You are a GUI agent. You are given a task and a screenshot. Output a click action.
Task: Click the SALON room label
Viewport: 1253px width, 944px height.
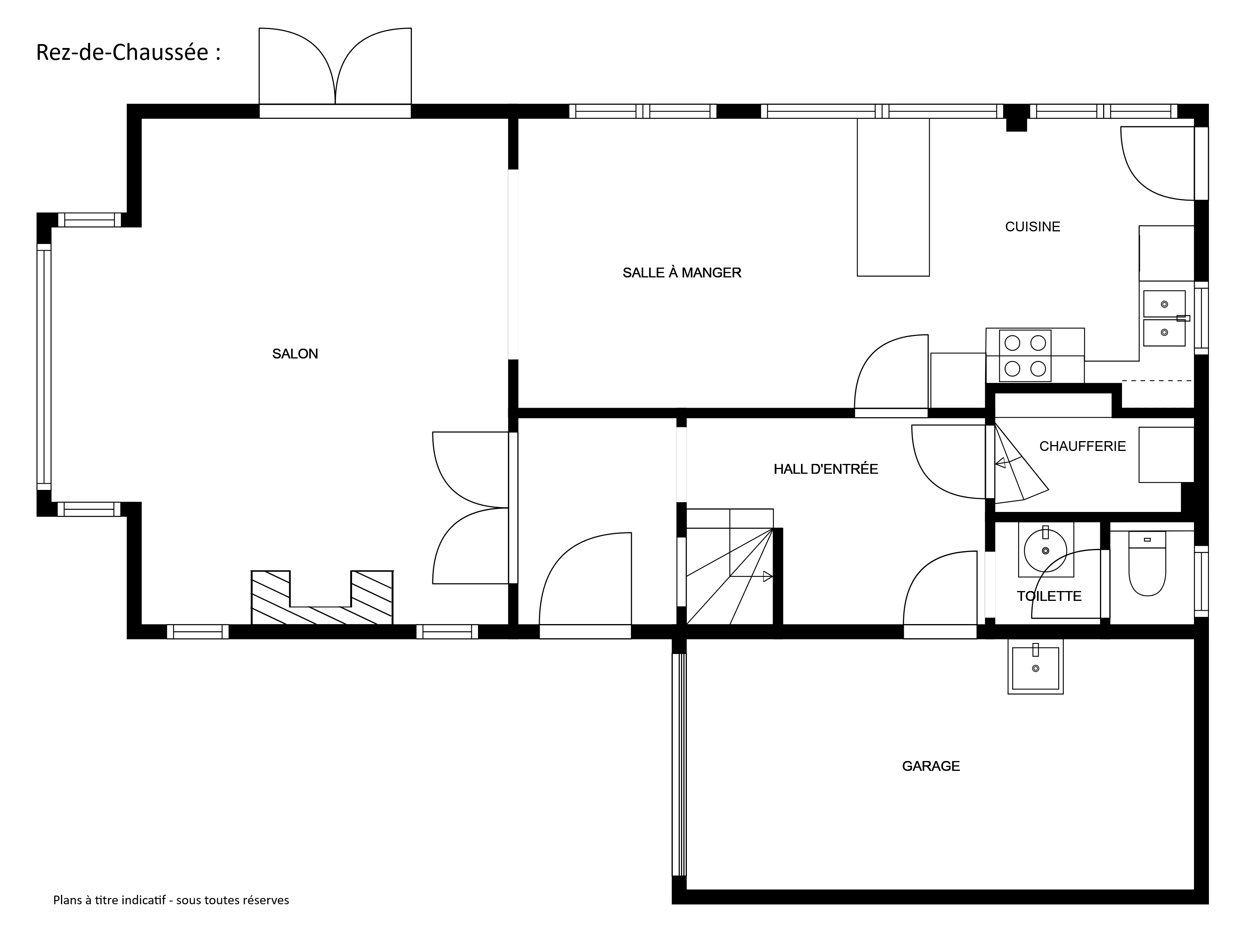pyautogui.click(x=295, y=354)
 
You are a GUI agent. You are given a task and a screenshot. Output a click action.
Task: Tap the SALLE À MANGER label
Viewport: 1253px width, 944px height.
pyautogui.click(x=682, y=273)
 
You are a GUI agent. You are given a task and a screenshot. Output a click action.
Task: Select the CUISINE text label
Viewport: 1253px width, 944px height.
pyautogui.click(x=1033, y=227)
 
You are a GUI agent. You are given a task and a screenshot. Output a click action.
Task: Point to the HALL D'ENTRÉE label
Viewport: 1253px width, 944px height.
pyautogui.click(x=826, y=469)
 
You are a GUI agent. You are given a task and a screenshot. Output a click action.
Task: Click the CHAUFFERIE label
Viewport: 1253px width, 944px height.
pyautogui.click(x=1083, y=447)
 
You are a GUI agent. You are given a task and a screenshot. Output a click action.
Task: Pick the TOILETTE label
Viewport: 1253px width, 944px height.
pyautogui.click(x=1049, y=596)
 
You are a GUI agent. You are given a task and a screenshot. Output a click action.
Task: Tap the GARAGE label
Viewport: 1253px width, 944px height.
pyautogui.click(x=931, y=766)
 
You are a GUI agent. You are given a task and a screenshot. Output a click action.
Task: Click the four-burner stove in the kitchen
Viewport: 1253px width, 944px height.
pyautogui.click(x=1025, y=356)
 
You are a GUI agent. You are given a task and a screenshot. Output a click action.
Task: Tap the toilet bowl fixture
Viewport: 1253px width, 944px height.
pyautogui.click(x=1147, y=563)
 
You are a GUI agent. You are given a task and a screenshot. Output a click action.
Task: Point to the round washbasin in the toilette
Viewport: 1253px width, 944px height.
pyautogui.click(x=1046, y=550)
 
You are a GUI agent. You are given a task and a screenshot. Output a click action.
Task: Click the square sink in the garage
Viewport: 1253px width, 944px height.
pyautogui.click(x=1035, y=666)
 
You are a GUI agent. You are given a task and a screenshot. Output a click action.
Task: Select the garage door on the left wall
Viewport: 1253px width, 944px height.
pyautogui.click(x=679, y=765)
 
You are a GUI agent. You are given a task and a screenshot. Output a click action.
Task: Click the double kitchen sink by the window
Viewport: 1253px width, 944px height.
pyautogui.click(x=1164, y=318)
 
